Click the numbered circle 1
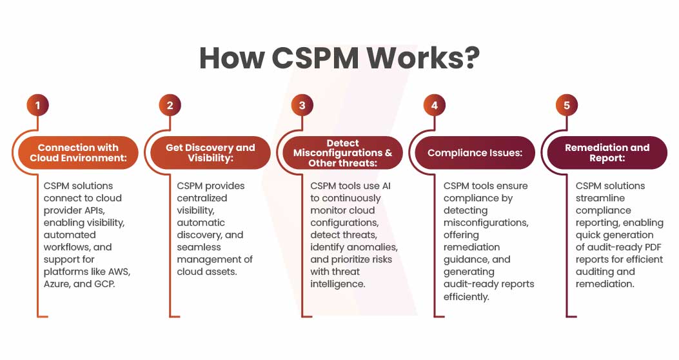(x=37, y=105)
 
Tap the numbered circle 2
(x=170, y=105)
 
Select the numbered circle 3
(x=302, y=105)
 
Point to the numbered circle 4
(x=434, y=105)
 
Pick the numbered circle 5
(x=566, y=105)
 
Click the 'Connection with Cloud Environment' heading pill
(x=78, y=153)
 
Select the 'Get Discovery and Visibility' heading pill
(x=210, y=153)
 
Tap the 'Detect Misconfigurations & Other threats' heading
(x=342, y=153)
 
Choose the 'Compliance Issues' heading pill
(x=475, y=153)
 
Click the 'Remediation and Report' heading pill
(x=607, y=153)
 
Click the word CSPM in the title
(x=314, y=58)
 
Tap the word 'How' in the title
(x=230, y=58)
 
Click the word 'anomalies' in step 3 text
(x=375, y=247)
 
